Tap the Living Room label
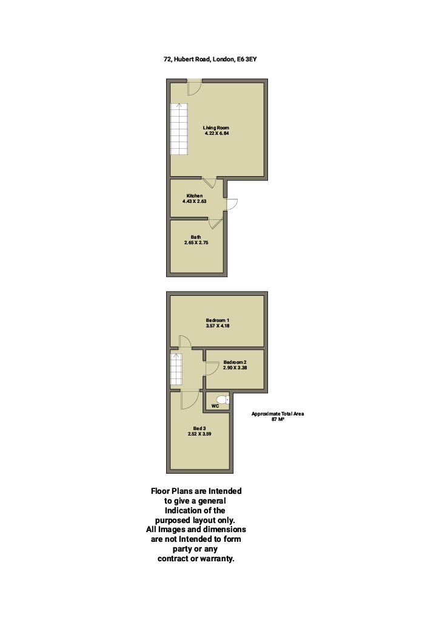pyautogui.click(x=216, y=128)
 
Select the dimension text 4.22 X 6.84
pyautogui.click(x=216, y=133)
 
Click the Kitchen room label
pyautogui.click(x=195, y=196)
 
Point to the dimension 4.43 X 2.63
pyautogui.click(x=195, y=201)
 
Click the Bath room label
pyautogui.click(x=196, y=237)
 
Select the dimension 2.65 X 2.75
pyautogui.click(x=196, y=242)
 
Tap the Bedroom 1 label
pyautogui.click(x=218, y=320)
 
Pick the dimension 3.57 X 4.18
pyautogui.click(x=218, y=326)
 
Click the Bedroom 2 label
pyautogui.click(x=235, y=362)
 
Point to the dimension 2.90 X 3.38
pyautogui.click(x=235, y=367)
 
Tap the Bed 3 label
pyautogui.click(x=199, y=428)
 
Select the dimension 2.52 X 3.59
pyautogui.click(x=199, y=434)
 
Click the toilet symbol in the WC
pyautogui.click(x=223, y=400)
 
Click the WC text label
pyautogui.click(x=215, y=406)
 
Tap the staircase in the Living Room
pyautogui.click(x=179, y=129)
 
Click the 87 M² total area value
pyautogui.click(x=278, y=419)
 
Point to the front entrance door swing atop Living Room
pyautogui.click(x=195, y=87)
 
